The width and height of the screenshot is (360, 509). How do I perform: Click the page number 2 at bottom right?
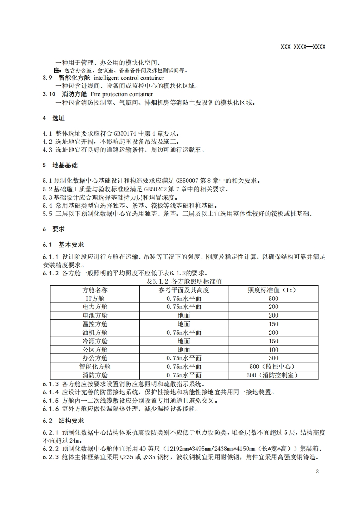coord(317,471)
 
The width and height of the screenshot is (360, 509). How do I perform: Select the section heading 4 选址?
coord(54,118)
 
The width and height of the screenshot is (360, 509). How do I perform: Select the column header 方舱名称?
coord(95,290)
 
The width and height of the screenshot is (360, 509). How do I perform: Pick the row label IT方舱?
coord(95,299)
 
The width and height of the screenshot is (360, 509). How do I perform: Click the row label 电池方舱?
coord(95,315)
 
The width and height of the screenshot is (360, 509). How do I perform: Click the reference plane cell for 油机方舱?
coord(183,333)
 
